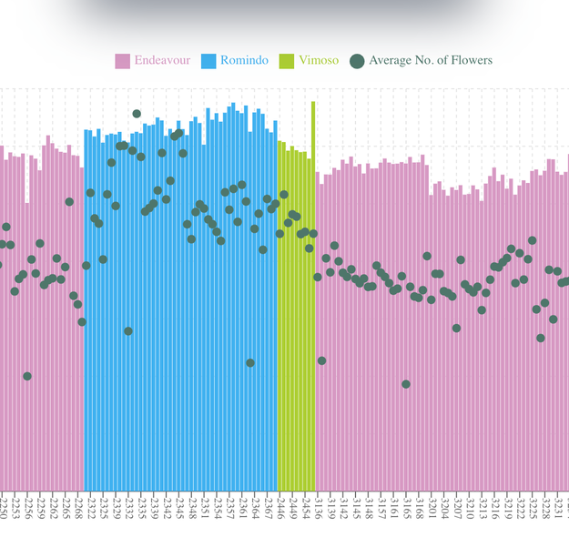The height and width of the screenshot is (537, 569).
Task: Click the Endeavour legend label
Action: point(162,61)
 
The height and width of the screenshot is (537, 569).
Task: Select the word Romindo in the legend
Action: point(244,61)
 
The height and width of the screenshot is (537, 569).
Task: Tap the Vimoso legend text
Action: point(319,61)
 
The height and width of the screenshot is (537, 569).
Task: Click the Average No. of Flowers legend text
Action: point(431,61)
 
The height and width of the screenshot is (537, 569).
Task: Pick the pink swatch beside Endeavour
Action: point(123,61)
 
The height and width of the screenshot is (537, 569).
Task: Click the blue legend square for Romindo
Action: point(208,61)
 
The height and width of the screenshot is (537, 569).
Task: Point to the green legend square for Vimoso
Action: point(287,61)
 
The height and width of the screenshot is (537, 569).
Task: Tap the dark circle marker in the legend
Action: point(357,61)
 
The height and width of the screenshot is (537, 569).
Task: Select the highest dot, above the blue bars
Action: point(137,114)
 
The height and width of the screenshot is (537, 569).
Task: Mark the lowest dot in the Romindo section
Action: point(250,363)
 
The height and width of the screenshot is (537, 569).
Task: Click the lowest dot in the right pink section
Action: point(406,384)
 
